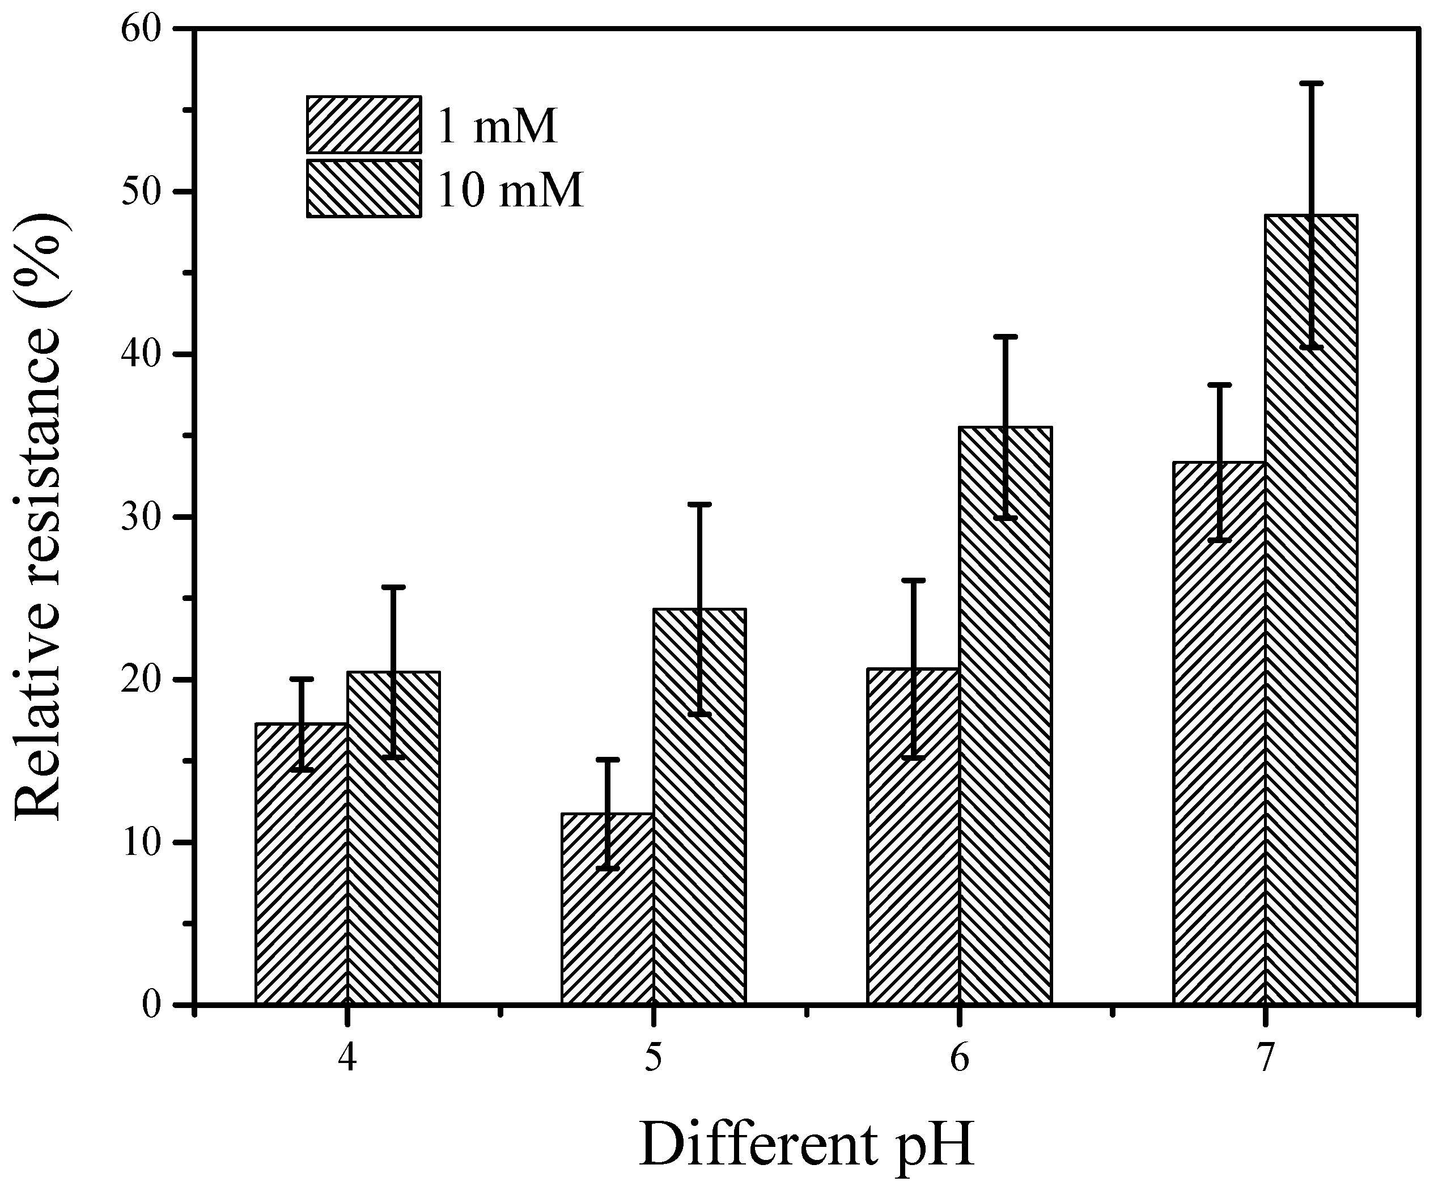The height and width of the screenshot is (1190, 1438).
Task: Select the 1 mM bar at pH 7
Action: tap(1219, 734)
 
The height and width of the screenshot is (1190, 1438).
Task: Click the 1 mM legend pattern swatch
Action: tap(363, 124)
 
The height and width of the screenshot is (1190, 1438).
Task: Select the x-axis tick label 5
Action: tap(654, 1059)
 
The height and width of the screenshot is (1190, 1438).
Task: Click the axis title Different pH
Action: tap(806, 1144)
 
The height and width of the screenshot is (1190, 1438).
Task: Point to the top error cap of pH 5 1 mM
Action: tap(608, 760)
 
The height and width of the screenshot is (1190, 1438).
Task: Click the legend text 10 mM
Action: tap(510, 190)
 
